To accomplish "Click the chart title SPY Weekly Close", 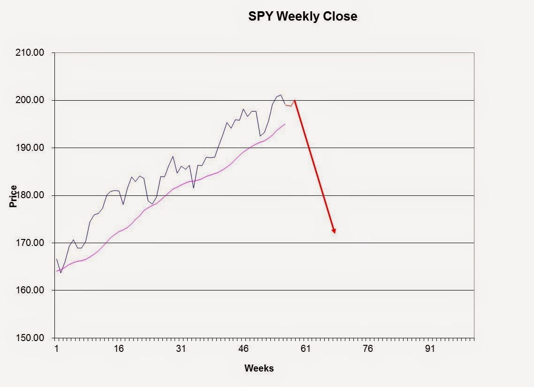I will click(x=303, y=16).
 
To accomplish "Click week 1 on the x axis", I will click(x=57, y=349).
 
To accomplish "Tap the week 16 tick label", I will click(x=119, y=349).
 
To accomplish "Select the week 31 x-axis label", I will click(x=181, y=349).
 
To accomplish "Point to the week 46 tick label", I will click(x=244, y=349).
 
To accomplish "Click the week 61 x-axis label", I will click(x=306, y=349).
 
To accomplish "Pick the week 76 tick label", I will click(x=368, y=349).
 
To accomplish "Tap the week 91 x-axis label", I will click(x=430, y=349).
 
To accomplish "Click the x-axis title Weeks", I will click(x=259, y=368).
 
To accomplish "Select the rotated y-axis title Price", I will click(x=13, y=196).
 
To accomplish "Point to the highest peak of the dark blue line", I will click(x=281, y=95).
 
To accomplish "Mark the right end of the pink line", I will click(x=285, y=124).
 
